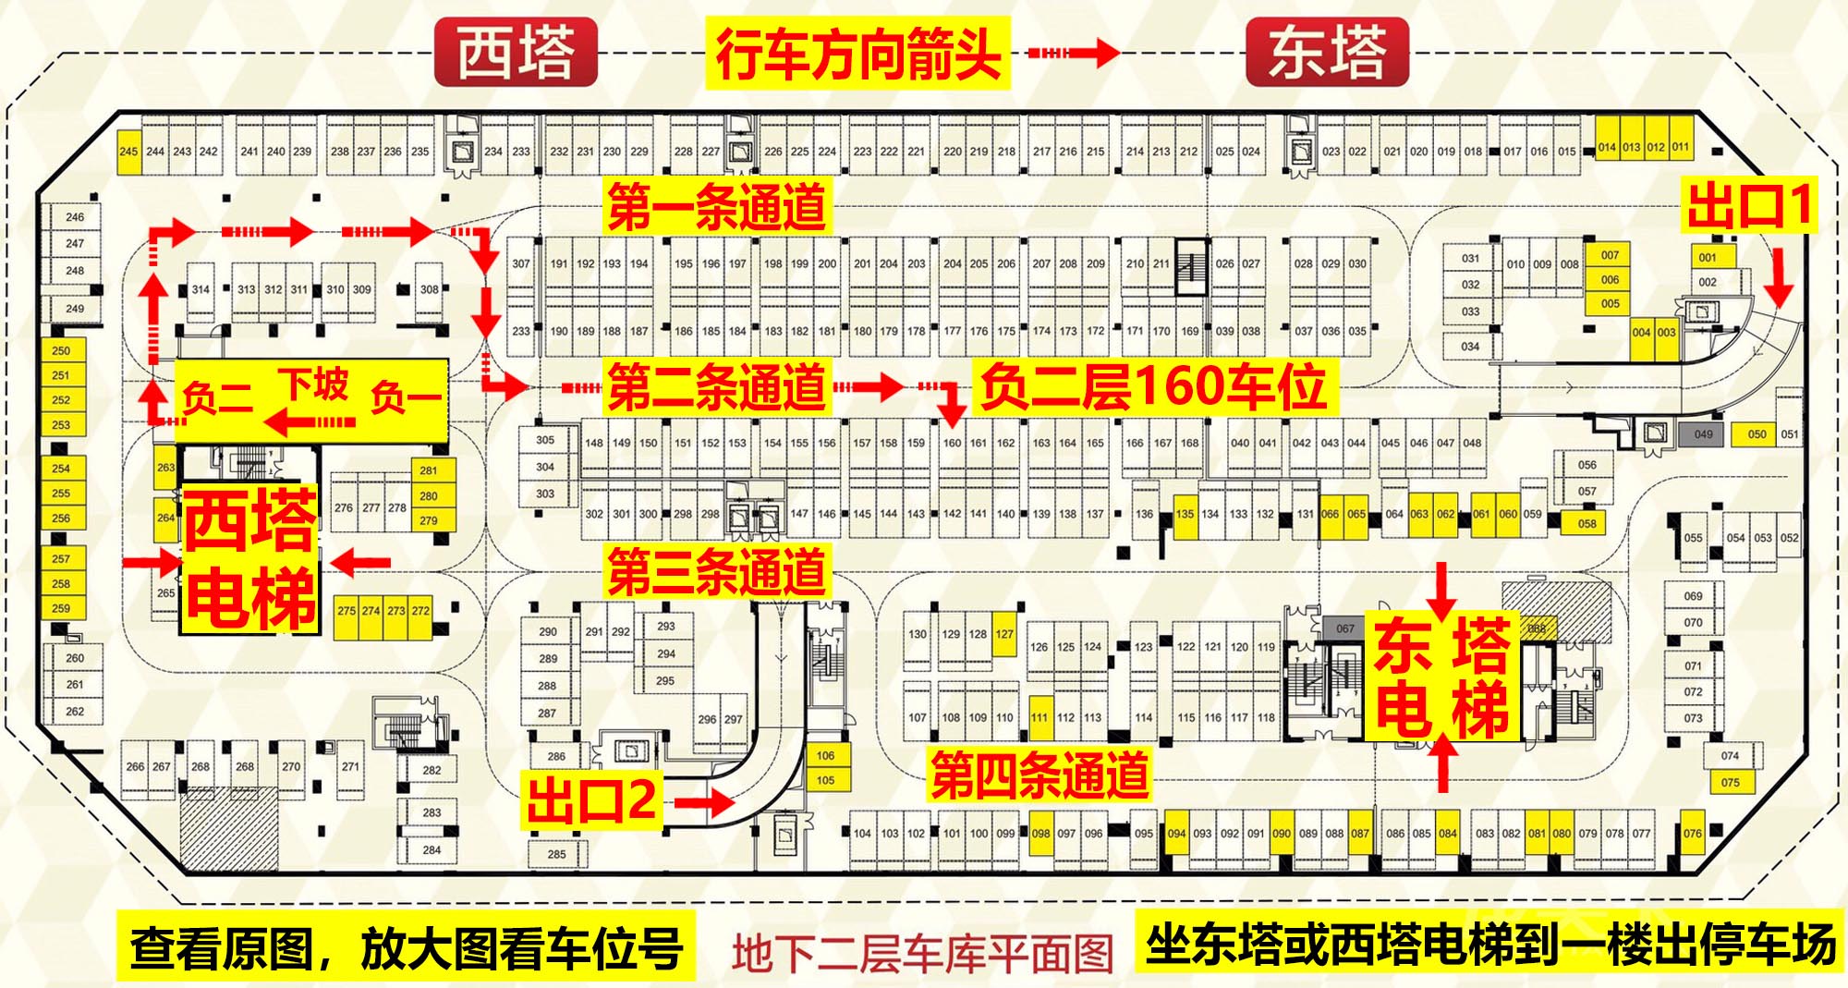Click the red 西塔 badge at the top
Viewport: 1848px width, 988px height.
pyautogui.click(x=516, y=53)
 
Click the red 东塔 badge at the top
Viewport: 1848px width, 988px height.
pyautogui.click(x=1327, y=53)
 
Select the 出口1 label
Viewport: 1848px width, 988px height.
pyautogui.click(x=1748, y=205)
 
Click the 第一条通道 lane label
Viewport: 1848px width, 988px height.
pyautogui.click(x=716, y=206)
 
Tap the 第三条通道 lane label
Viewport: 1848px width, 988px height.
pyautogui.click(x=716, y=570)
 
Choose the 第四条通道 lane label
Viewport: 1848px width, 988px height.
pyautogui.click(x=1039, y=775)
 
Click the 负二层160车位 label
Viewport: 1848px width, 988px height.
pyautogui.click(x=1153, y=386)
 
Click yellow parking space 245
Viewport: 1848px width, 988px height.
pyautogui.click(x=128, y=152)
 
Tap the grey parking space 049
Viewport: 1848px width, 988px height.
pyautogui.click(x=1703, y=434)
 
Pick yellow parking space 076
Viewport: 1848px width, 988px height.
pyautogui.click(x=1692, y=834)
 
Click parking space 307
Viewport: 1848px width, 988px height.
pyautogui.click(x=521, y=263)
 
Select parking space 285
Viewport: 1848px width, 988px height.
pyautogui.click(x=556, y=854)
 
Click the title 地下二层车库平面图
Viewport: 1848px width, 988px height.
pyautogui.click(x=922, y=954)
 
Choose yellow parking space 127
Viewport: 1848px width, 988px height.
pyautogui.click(x=1004, y=634)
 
